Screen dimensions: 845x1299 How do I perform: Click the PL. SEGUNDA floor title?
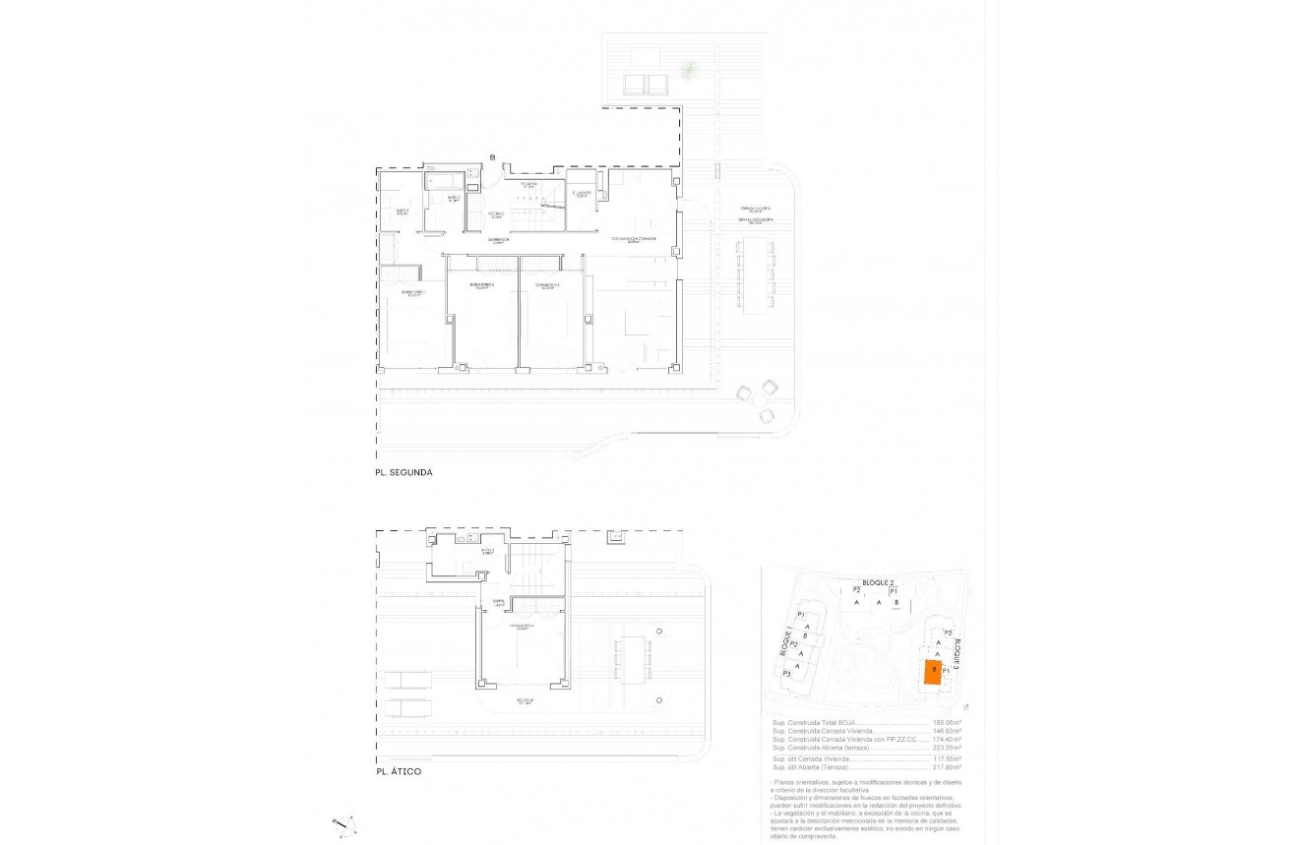click(403, 472)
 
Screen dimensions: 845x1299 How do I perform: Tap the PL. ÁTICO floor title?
click(399, 771)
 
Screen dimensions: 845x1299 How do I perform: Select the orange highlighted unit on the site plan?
click(930, 673)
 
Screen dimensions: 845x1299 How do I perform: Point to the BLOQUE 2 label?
click(879, 583)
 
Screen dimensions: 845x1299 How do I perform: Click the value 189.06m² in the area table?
click(947, 722)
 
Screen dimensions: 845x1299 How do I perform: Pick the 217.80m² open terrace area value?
click(947, 767)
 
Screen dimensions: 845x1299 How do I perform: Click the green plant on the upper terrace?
click(690, 69)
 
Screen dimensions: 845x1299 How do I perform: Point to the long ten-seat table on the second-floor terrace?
click(756, 276)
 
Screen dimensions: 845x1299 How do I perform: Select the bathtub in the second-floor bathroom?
click(441, 182)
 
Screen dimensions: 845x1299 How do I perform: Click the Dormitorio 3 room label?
click(549, 286)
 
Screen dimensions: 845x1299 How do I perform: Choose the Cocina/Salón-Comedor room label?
click(633, 238)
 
